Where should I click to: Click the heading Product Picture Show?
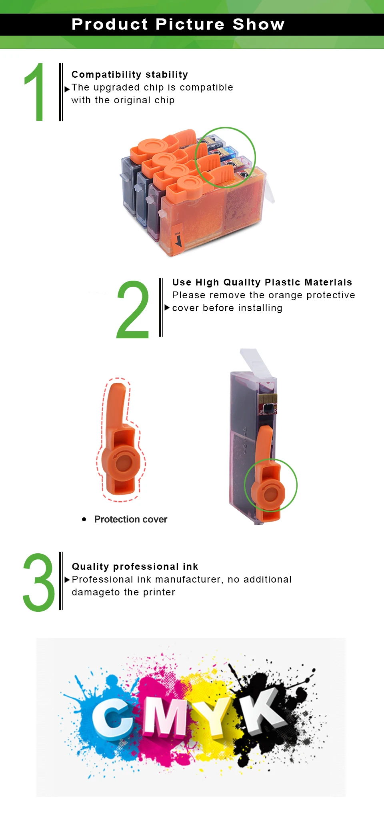pyautogui.click(x=178, y=24)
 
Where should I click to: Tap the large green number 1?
pyautogui.click(x=35, y=92)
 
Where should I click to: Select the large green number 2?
pyautogui.click(x=132, y=309)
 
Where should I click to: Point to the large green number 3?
pyautogui.click(x=39, y=582)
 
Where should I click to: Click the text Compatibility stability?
pyautogui.click(x=130, y=74)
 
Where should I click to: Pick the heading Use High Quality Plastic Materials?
pyautogui.click(x=262, y=282)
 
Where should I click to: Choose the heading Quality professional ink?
pyautogui.click(x=135, y=567)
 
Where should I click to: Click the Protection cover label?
pyautogui.click(x=131, y=519)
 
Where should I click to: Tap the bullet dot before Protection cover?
pyautogui.click(x=84, y=519)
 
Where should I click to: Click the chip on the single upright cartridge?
pyautogui.click(x=268, y=404)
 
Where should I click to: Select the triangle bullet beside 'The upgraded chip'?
pyautogui.click(x=67, y=89)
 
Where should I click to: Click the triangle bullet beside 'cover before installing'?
pyautogui.click(x=167, y=307)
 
